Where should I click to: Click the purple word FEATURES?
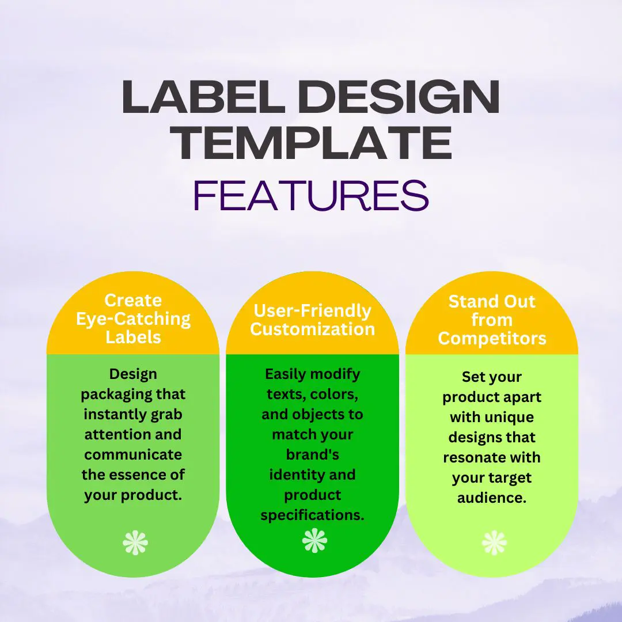click(x=311, y=195)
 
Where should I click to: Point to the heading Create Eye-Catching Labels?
click(x=133, y=318)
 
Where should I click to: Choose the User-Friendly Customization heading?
click(x=313, y=320)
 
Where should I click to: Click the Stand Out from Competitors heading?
click(x=492, y=320)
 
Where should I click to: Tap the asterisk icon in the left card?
click(x=135, y=543)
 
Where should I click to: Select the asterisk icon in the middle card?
click(x=314, y=541)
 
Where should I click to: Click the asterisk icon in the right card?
click(x=494, y=543)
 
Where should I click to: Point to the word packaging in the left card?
click(x=133, y=395)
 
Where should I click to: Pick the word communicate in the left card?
click(x=133, y=454)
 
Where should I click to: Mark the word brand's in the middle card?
click(x=312, y=455)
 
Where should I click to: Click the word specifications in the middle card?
click(x=312, y=515)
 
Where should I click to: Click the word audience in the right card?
click(x=492, y=498)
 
